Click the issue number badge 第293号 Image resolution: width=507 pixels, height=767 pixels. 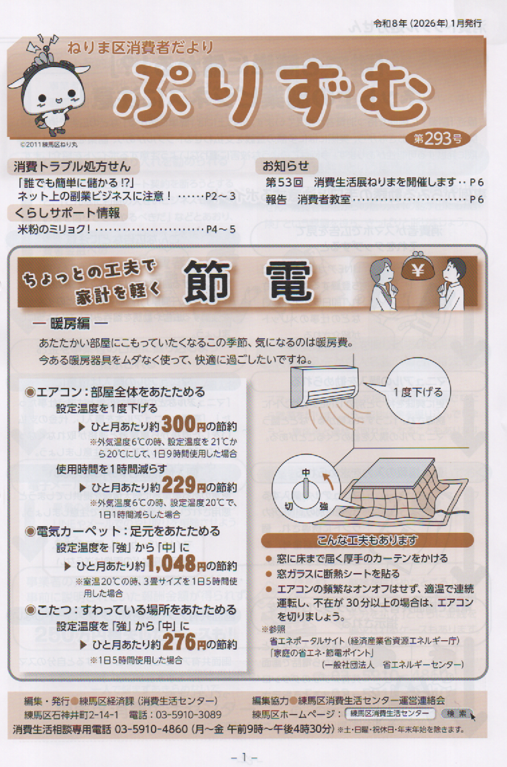(437, 139)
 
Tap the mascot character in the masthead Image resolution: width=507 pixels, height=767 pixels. (48, 88)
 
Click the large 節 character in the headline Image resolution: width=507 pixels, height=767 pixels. (207, 280)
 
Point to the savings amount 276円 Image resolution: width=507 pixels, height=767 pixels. (184, 642)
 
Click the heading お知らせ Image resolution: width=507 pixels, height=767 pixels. (286, 166)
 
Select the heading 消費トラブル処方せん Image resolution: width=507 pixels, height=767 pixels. (72, 166)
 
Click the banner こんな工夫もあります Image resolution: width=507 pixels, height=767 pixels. (367, 540)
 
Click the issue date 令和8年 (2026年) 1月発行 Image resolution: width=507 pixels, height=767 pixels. (427, 23)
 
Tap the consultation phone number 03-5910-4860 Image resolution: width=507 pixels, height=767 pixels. (151, 729)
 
